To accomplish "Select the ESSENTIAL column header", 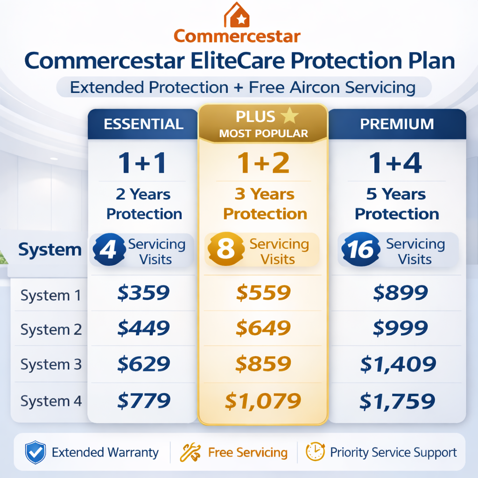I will coord(143,124).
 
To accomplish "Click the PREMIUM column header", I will coord(398,124).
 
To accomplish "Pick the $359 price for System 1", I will coord(143,293).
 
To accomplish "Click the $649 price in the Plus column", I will coord(263,329).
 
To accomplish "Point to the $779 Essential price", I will coord(144,400).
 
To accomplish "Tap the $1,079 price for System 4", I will coord(263,401).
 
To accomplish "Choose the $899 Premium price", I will coord(401,293).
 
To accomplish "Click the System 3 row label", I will coord(51,365).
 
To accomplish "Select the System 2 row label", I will coord(51,330).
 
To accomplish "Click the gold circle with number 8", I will coord(226,250).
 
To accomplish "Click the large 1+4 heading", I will coord(395,163).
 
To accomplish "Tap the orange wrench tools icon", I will coord(190,452).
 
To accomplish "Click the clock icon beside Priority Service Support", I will coord(315,452).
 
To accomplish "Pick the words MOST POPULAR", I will coord(263,134).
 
